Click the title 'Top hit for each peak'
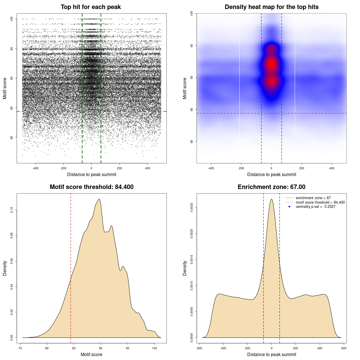(91, 7)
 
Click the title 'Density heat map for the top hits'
(271, 7)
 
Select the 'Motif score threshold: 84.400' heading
(91, 187)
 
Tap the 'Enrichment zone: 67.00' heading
(271, 187)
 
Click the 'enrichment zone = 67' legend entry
(313, 198)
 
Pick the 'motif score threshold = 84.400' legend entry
(320, 202)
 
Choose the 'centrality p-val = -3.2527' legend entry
(316, 207)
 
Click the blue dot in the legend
(289, 207)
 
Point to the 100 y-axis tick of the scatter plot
(12, 19)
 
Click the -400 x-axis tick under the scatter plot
(35, 168)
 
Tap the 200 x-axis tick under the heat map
(302, 168)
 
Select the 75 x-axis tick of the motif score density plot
(20, 348)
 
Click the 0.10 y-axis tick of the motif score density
(12, 210)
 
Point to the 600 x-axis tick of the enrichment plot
(344, 348)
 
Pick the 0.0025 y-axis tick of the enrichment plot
(192, 208)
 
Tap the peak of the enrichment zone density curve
(271, 199)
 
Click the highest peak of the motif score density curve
(99, 199)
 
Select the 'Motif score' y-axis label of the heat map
(185, 88)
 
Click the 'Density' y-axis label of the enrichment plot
(185, 268)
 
